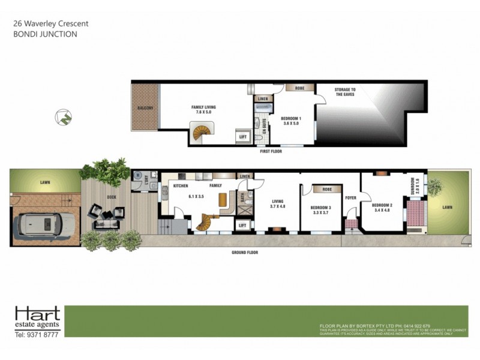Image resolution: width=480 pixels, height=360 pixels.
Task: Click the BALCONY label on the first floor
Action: [x=145, y=108]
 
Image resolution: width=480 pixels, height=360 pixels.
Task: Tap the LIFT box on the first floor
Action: [x=243, y=137]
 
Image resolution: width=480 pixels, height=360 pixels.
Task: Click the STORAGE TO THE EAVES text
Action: [x=345, y=92]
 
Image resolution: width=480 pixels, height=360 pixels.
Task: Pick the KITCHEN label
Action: [x=181, y=186]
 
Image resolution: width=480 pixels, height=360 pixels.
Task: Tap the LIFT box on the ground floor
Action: [x=243, y=225]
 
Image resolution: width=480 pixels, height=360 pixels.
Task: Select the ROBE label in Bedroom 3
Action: [x=327, y=189]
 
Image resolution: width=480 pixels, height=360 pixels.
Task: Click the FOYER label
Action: [x=351, y=197]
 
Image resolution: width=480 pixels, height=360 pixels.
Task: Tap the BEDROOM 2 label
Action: [x=382, y=207]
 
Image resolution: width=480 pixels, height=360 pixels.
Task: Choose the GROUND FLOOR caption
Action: [x=245, y=253]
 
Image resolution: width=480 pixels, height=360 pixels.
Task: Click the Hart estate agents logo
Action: [x=37, y=322]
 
